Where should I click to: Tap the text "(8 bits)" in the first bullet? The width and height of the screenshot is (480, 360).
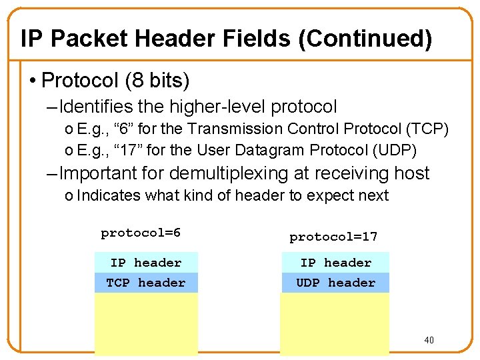[157, 81]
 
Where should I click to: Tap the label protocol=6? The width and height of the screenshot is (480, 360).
[141, 233]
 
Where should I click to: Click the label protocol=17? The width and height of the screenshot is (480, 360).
[333, 237]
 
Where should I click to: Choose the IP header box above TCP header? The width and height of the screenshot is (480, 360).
[145, 263]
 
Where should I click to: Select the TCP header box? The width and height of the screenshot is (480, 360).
[145, 283]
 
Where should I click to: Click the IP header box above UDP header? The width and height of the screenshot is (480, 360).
[335, 263]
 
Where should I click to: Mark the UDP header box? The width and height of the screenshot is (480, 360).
[335, 283]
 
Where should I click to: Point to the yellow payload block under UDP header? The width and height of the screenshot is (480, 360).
[333, 323]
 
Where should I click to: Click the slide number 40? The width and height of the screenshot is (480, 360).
[429, 341]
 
